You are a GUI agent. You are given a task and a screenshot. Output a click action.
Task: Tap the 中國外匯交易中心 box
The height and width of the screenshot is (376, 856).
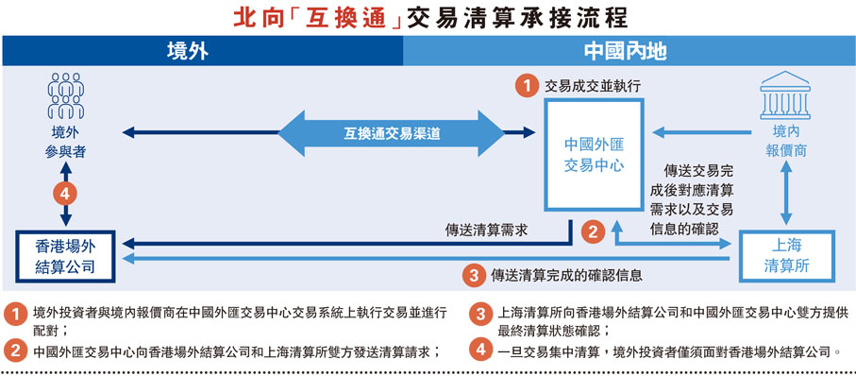tap(595, 154)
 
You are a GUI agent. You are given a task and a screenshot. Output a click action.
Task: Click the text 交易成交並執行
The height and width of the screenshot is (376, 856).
tap(593, 85)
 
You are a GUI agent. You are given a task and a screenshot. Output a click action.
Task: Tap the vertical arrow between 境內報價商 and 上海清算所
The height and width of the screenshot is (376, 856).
tap(785, 194)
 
